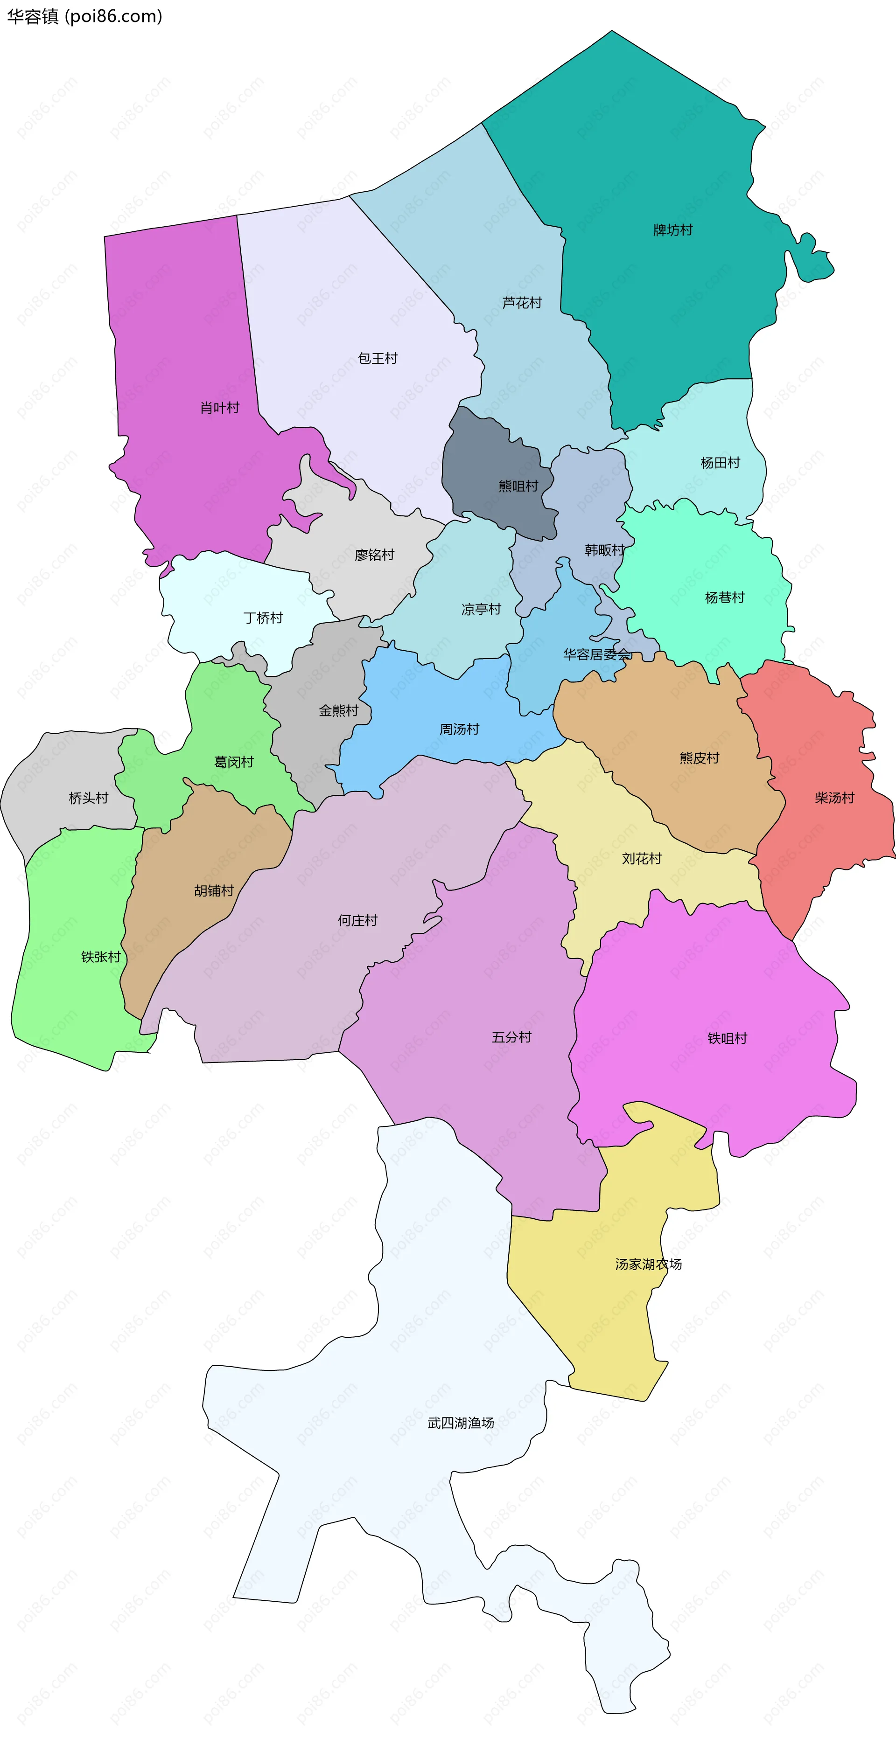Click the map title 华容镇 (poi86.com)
[84, 16]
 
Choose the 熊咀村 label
[518, 486]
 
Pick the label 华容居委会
[597, 654]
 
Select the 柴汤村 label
[834, 798]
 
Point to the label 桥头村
[88, 798]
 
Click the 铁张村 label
[100, 957]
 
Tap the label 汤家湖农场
[648, 1264]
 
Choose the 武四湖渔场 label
[461, 1423]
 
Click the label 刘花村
[641, 858]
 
